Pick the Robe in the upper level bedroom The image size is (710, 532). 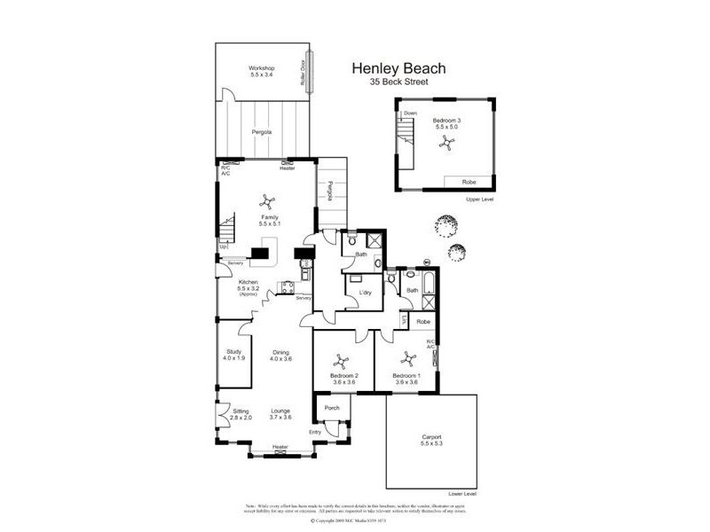(x=468, y=182)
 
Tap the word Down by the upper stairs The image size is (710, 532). (x=410, y=113)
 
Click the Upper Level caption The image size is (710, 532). (x=479, y=199)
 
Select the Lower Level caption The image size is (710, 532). (x=462, y=493)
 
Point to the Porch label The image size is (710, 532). (x=332, y=408)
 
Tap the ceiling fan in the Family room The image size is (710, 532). (x=264, y=202)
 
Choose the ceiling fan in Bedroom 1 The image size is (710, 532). (x=408, y=359)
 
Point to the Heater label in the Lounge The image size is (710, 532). (x=280, y=446)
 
